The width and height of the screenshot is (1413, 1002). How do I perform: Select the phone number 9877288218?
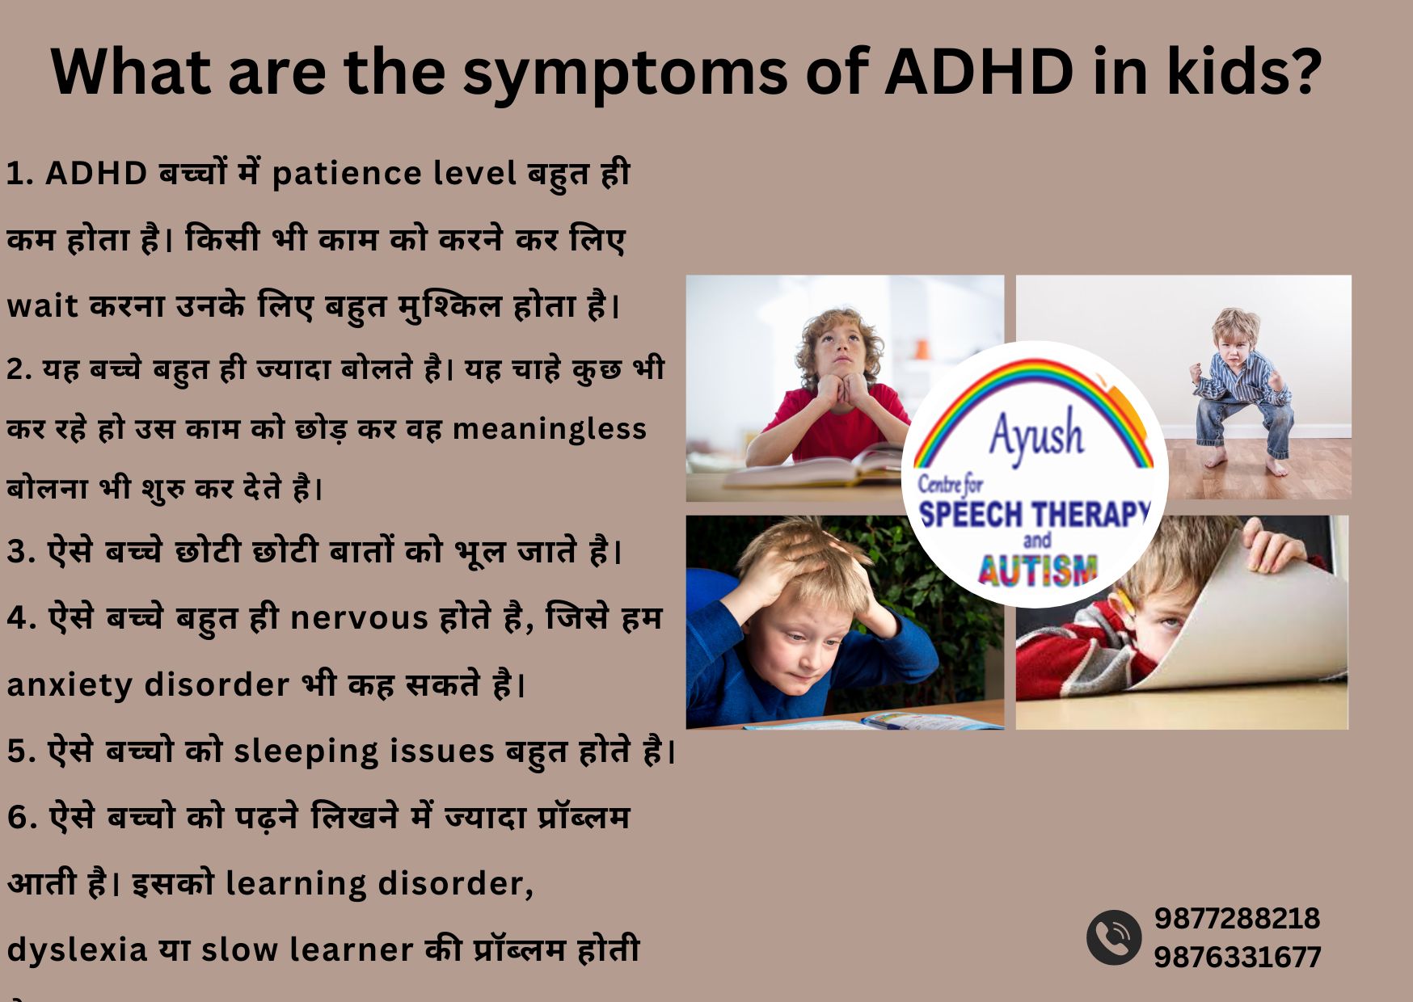[x=1237, y=918]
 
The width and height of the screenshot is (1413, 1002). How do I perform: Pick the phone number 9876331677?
[x=1237, y=958]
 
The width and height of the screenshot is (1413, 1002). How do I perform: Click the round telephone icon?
[x=1114, y=937]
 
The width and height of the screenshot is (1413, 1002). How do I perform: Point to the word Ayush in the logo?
[x=1035, y=434]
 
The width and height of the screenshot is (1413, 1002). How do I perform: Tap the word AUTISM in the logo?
[x=1037, y=570]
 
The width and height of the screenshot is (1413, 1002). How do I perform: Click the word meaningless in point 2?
[x=549, y=429]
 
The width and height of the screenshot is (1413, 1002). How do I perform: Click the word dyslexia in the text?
[x=78, y=949]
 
